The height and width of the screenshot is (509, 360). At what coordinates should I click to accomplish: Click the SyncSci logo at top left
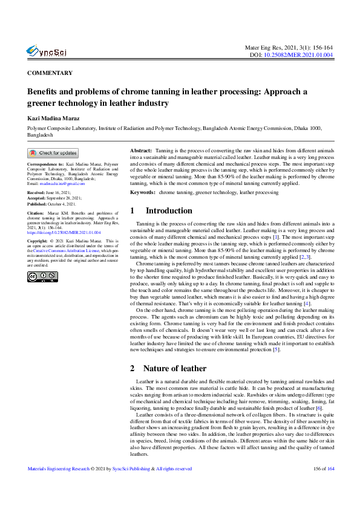click(47, 51)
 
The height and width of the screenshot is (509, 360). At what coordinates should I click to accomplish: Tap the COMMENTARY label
click(50, 73)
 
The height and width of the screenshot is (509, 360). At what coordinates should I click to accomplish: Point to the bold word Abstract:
click(142, 149)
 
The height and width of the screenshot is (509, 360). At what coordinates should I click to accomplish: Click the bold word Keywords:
click(143, 193)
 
